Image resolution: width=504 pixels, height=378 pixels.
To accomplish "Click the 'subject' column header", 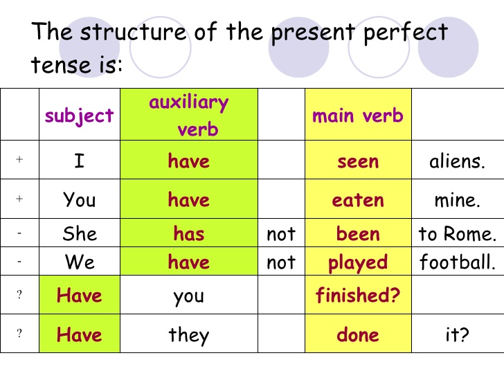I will click(x=79, y=116).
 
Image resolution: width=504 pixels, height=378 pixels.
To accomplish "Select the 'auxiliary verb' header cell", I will click(x=189, y=116).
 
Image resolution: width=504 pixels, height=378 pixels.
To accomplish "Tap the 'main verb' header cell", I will click(x=357, y=116).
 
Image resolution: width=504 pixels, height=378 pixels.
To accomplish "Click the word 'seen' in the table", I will click(x=357, y=161).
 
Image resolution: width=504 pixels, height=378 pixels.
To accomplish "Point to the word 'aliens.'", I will click(x=457, y=161).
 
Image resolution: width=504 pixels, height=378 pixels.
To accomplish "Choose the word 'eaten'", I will click(x=357, y=200).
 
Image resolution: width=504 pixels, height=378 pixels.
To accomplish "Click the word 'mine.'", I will click(x=457, y=200).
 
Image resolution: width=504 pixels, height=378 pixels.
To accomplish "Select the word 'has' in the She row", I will click(x=188, y=233).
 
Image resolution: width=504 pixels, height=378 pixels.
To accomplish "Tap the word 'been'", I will click(x=357, y=233).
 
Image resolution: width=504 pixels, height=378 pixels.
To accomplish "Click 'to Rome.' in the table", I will click(x=457, y=234).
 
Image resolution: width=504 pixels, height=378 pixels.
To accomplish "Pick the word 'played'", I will click(x=357, y=263).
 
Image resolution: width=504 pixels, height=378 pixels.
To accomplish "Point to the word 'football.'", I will click(x=457, y=262).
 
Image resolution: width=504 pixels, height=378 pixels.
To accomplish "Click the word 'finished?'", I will click(x=358, y=296).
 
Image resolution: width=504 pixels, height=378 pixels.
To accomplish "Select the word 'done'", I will click(x=357, y=335).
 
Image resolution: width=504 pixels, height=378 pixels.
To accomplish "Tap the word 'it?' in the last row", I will click(x=457, y=336).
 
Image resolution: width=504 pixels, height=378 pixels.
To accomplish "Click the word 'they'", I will click(x=188, y=336).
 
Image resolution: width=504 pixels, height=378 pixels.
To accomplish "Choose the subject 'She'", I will click(x=79, y=233).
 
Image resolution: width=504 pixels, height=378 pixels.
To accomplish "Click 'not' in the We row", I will click(x=280, y=262).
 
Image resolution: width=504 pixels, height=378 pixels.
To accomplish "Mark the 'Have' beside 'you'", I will click(x=79, y=296).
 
